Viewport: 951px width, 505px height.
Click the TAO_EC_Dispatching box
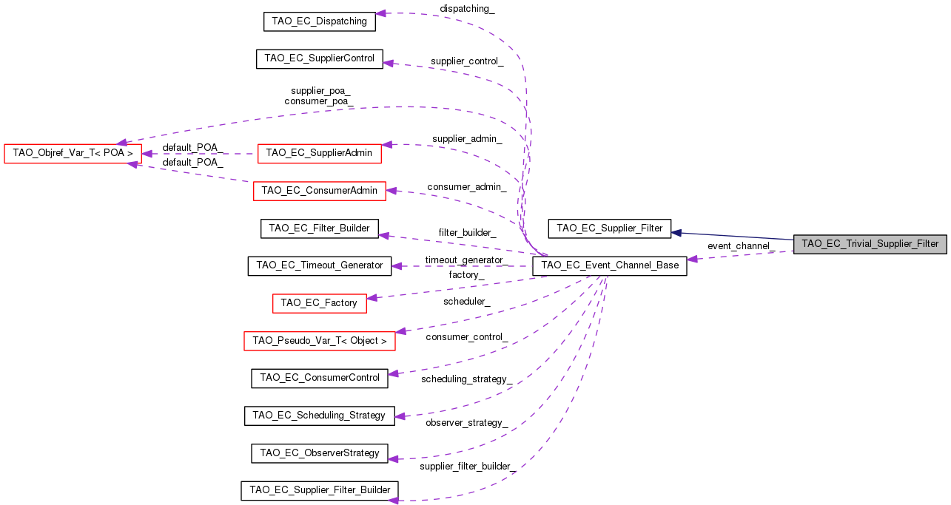319,21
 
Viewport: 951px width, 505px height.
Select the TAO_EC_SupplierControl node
319,59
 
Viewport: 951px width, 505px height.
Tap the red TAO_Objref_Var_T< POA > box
73,154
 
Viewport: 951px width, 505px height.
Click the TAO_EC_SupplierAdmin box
319,153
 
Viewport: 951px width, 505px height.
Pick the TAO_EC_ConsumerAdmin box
319,191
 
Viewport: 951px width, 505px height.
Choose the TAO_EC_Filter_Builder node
319,228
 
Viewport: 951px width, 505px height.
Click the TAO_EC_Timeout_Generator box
319,265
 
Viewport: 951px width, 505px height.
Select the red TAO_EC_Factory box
319,303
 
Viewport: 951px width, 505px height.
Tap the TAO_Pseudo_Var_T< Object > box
319,341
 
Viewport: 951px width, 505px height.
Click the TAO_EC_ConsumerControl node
319,378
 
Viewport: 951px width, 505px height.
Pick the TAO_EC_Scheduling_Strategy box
319,416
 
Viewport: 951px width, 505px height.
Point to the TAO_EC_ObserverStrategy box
319,453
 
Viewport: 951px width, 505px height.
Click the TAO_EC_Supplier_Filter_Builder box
319,490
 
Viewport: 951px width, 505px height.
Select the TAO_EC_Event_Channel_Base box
610,265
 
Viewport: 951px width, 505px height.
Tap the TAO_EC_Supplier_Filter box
609,228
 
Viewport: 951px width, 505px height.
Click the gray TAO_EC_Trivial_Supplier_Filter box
870,244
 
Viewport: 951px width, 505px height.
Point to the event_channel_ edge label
740,245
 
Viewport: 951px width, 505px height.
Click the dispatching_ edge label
467,9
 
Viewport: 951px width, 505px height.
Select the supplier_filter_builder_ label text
467,467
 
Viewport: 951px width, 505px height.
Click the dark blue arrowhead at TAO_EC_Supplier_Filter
676,232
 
